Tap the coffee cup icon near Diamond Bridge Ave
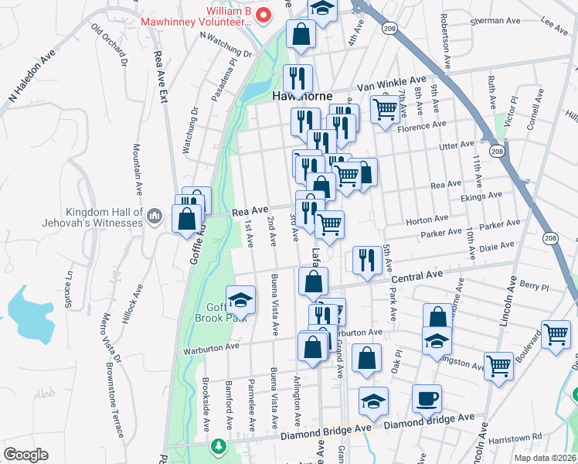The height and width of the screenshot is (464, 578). point(427,399)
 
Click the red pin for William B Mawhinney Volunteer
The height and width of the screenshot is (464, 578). point(263,14)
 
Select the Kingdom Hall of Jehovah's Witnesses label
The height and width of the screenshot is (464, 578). point(105,217)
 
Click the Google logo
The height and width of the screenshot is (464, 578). point(25,455)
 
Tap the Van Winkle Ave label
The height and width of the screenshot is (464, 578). point(401,80)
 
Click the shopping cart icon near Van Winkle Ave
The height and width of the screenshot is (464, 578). point(383,108)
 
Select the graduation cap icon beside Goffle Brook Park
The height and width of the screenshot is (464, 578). point(241,299)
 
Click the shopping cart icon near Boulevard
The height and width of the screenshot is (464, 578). point(556,334)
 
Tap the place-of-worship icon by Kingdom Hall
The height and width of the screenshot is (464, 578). point(154,213)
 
